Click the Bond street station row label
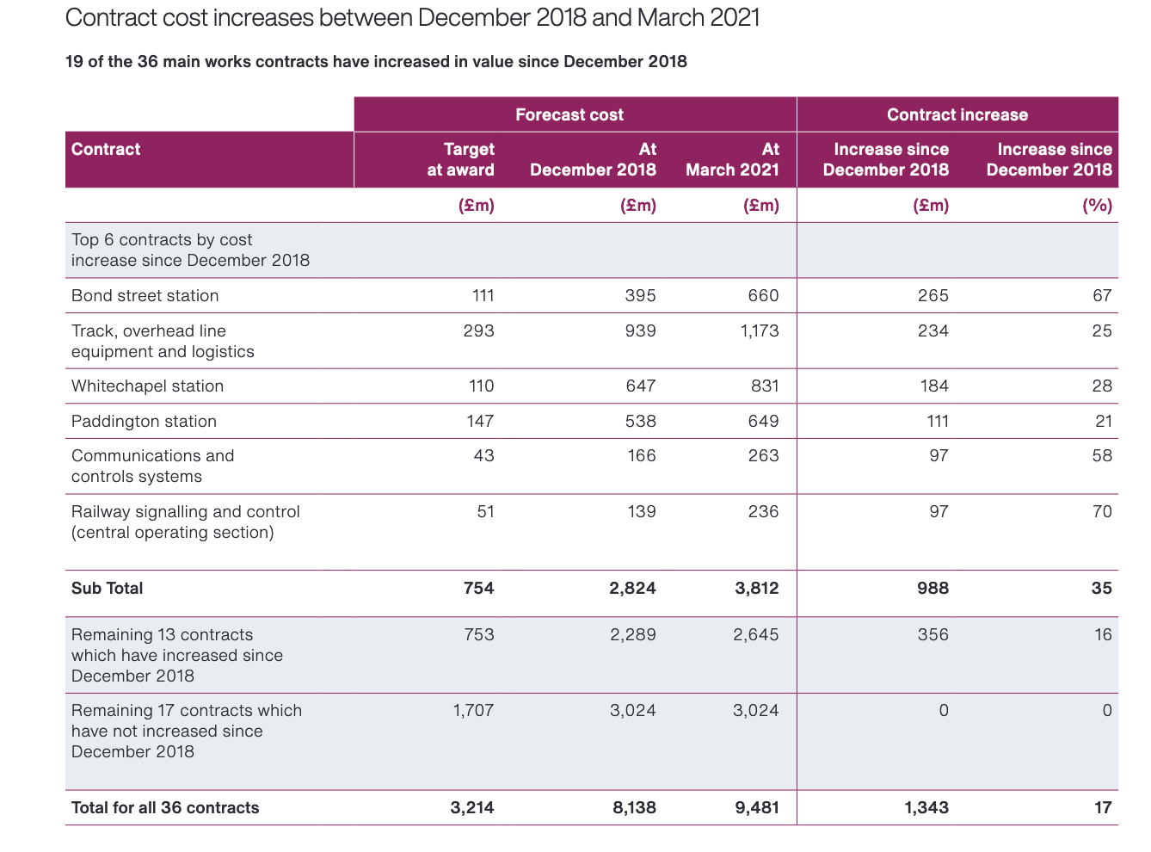tap(145, 295)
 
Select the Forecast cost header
tap(569, 114)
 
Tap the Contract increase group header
tap(957, 114)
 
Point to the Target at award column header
tap(460, 159)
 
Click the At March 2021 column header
tap(732, 159)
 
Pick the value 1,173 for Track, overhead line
tap(760, 330)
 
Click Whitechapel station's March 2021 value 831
tap(765, 386)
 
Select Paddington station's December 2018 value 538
tap(640, 421)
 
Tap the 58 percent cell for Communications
tap(1102, 455)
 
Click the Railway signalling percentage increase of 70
tap(1102, 511)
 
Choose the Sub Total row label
tap(107, 589)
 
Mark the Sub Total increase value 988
tap(932, 589)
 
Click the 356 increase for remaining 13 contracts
tap(932, 634)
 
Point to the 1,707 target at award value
tap(473, 710)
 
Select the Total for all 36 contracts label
tap(165, 808)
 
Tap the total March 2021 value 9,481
tap(757, 808)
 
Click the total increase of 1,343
tap(926, 808)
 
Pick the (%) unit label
tap(1097, 206)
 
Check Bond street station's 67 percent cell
tap(1102, 295)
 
